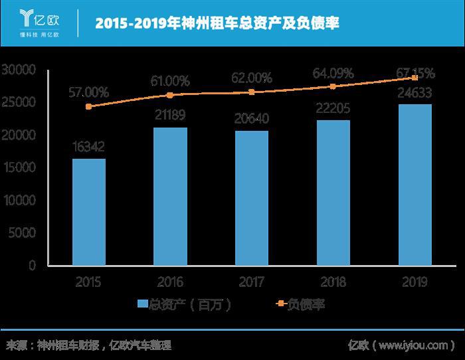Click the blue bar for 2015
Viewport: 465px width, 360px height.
click(89, 211)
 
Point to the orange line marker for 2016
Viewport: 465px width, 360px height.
click(170, 95)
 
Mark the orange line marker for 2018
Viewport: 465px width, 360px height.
click(333, 86)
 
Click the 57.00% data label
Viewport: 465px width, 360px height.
click(89, 91)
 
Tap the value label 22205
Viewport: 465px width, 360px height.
click(333, 108)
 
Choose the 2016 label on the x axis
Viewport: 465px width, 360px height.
click(170, 282)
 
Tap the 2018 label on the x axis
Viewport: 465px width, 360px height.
click(333, 282)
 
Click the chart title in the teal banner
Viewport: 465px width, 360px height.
click(218, 24)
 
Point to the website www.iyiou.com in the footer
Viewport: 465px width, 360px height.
click(415, 345)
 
